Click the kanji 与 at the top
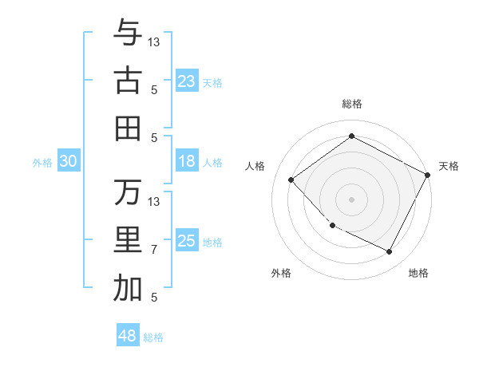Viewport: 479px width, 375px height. coord(128,33)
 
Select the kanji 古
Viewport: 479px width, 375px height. coord(128,81)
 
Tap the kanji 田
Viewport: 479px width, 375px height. coord(128,128)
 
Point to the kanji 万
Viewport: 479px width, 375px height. coord(128,192)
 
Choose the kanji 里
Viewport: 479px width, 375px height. coord(128,240)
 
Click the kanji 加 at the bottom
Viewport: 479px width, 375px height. coord(128,289)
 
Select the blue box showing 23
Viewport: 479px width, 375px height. coord(187,81)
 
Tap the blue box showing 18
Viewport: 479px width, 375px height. coord(187,161)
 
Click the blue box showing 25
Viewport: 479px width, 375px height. coord(187,241)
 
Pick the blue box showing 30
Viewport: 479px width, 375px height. coord(68,161)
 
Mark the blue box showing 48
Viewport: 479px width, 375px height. coord(128,336)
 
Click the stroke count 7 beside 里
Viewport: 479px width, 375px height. coord(154,250)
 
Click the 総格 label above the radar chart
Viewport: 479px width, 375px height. coord(351,104)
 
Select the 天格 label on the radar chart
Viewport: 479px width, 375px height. coord(449,166)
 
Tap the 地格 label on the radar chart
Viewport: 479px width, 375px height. coord(418,273)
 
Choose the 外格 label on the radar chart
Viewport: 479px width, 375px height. coord(281,273)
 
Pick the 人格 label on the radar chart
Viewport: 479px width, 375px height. coord(255,166)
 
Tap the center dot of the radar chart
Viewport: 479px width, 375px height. coord(351,199)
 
